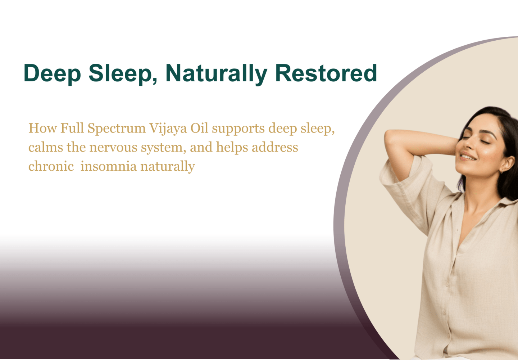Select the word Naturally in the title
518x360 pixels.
tap(217, 74)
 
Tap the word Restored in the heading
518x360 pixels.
tap(326, 73)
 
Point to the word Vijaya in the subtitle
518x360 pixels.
tap(168, 129)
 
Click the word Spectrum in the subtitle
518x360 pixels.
tap(117, 129)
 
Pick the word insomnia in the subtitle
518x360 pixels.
tap(109, 166)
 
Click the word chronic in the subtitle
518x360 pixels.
tap(51, 166)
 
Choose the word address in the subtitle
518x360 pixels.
tap(275, 147)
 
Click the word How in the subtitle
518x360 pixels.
tap(42, 128)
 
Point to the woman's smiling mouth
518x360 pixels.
tap(468, 156)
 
